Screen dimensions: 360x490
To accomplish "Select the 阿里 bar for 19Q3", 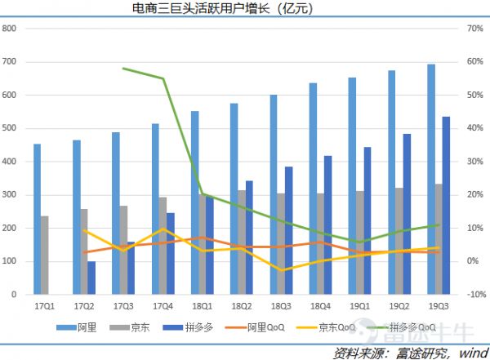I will [431, 179].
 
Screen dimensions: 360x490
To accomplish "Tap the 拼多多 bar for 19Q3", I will [446, 205].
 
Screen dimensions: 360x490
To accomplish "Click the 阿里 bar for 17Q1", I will [37, 219].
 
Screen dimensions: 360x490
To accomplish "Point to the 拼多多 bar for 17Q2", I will [91, 278].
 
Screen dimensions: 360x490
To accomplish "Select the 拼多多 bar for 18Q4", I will [328, 224].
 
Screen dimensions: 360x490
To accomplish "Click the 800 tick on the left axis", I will [11, 29].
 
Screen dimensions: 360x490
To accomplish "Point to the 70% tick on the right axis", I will [476, 29].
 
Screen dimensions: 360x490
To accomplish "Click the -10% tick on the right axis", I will [476, 295].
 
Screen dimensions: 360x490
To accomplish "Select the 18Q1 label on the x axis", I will [201, 307].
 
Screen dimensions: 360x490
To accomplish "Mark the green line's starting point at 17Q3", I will [122, 69].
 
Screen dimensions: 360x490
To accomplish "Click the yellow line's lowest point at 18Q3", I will [280, 270].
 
